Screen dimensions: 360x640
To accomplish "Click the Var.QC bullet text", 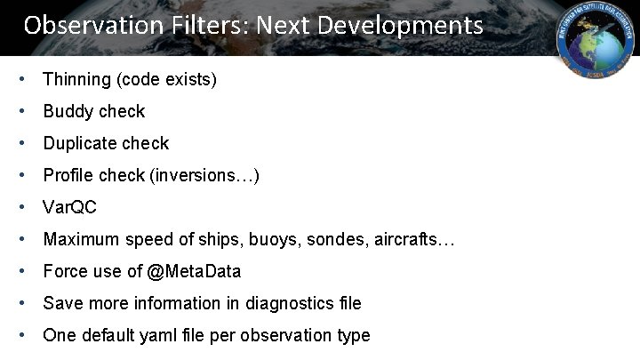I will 69,208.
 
